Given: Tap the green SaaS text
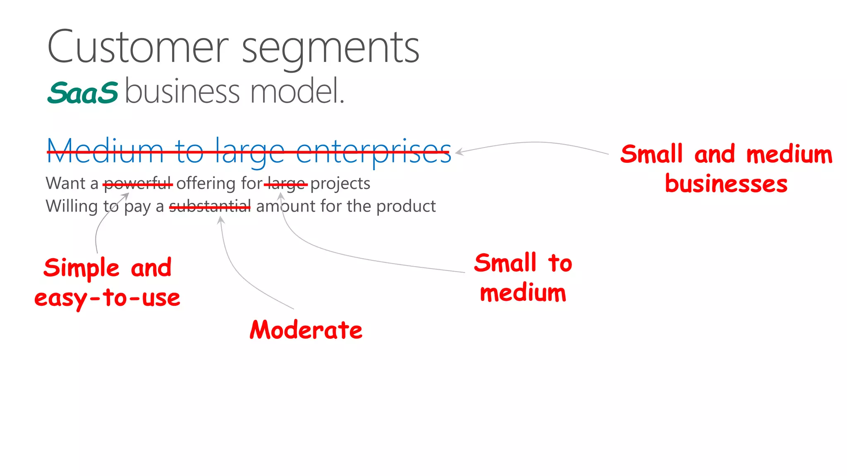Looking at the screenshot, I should tap(83, 93).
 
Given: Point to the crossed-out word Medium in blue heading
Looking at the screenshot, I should tap(105, 151).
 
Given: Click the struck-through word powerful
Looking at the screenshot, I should tap(138, 184).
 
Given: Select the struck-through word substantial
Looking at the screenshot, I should tap(210, 206).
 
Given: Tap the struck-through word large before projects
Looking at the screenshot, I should tap(286, 184).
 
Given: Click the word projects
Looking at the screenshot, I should tap(340, 184).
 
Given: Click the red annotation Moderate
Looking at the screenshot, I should tap(306, 330).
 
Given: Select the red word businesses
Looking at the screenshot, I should tap(726, 184).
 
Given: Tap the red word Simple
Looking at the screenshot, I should tap(81, 268).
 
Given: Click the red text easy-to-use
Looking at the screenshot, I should tap(107, 298).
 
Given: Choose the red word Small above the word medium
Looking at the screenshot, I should tap(505, 263).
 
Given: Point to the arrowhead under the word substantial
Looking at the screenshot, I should tap(221, 220).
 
